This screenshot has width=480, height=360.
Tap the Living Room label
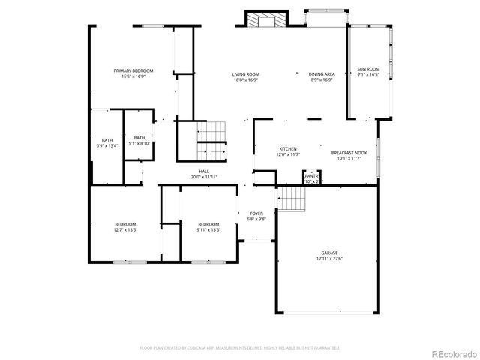(x=245, y=74)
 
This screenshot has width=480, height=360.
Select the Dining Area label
(x=321, y=74)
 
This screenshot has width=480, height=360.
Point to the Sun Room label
(x=368, y=68)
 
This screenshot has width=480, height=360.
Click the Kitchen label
(x=289, y=148)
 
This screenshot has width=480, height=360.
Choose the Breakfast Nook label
(x=349, y=152)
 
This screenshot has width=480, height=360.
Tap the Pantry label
(x=312, y=176)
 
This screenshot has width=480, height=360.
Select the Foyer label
(x=256, y=213)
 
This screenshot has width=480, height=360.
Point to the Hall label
(x=203, y=171)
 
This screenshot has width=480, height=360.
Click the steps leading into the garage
(x=293, y=199)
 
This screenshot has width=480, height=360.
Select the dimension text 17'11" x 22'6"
(x=330, y=259)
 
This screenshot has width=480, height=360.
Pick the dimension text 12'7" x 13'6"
(x=125, y=230)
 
